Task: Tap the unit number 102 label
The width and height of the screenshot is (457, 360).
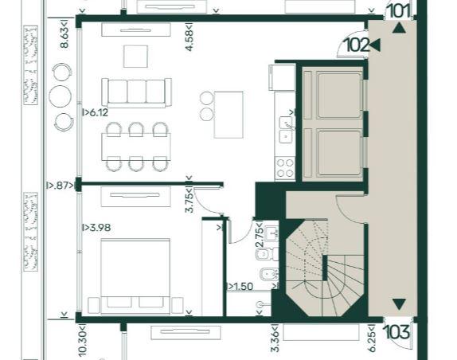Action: pyautogui.click(x=357, y=45)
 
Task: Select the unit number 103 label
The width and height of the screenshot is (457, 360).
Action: pyautogui.click(x=397, y=332)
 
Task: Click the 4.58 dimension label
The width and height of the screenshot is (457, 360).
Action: pyautogui.click(x=189, y=37)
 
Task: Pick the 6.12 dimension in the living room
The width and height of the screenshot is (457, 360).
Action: pyautogui.click(x=96, y=112)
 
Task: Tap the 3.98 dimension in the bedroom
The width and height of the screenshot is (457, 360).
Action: pyautogui.click(x=96, y=227)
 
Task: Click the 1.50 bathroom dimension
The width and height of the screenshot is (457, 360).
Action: pyautogui.click(x=240, y=287)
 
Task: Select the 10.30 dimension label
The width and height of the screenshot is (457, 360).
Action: pyautogui.click(x=83, y=339)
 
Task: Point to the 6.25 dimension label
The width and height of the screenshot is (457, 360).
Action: pyautogui.click(x=372, y=338)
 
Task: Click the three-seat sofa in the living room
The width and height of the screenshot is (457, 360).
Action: pyautogui.click(x=136, y=92)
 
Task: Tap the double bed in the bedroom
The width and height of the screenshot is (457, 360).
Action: pyautogui.click(x=135, y=276)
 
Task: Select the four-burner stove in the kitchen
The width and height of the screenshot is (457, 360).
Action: pyautogui.click(x=285, y=167)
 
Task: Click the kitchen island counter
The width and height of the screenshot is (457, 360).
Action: pyautogui.click(x=228, y=115)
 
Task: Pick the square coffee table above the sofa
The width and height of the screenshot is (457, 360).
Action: pyautogui.click(x=135, y=57)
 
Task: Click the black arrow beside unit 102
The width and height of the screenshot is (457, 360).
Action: pyautogui.click(x=375, y=45)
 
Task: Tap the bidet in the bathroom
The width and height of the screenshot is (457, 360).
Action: pyautogui.click(x=267, y=274)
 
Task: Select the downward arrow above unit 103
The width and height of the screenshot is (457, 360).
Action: pyautogui.click(x=399, y=304)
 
